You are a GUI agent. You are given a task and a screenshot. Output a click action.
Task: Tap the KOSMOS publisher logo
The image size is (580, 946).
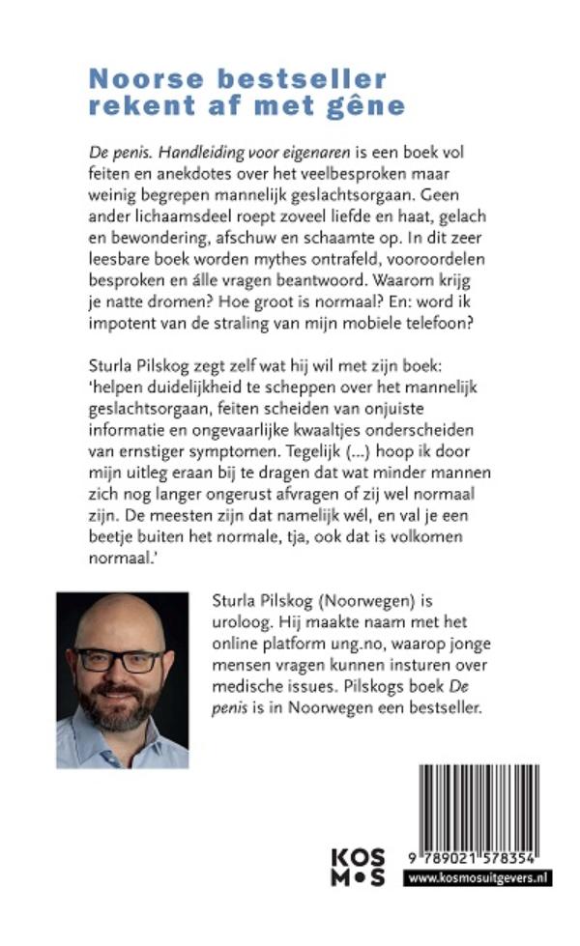point(358,865)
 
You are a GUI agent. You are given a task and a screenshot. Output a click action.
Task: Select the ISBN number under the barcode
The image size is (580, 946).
point(472,858)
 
